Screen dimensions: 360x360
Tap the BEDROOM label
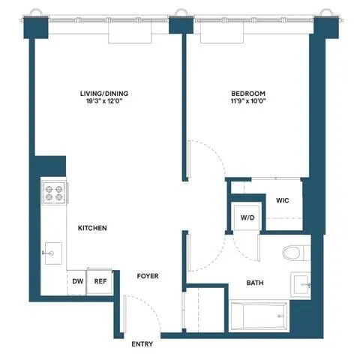247,94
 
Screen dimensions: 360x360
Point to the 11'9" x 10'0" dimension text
247,103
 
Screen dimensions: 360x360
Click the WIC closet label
283,200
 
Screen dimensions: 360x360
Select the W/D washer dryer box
247,217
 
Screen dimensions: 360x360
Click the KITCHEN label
92,228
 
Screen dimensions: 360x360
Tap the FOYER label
147,276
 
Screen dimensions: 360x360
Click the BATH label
255,283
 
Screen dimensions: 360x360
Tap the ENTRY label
142,344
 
